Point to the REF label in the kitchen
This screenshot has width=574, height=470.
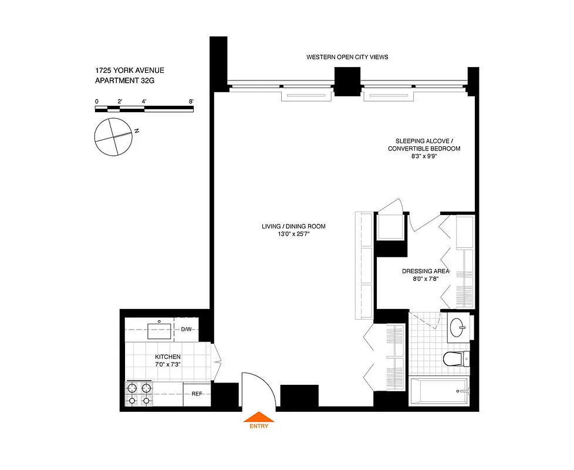(x=197, y=394)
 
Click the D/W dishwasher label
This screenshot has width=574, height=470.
(x=186, y=329)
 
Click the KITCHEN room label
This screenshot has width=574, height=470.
(x=168, y=357)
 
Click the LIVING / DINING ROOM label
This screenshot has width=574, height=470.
(x=293, y=226)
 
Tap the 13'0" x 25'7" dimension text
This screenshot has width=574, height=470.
(x=293, y=234)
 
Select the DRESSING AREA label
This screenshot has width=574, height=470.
(x=426, y=271)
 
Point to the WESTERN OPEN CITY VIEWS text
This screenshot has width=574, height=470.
(x=347, y=57)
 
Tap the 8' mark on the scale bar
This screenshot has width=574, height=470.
(x=192, y=102)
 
